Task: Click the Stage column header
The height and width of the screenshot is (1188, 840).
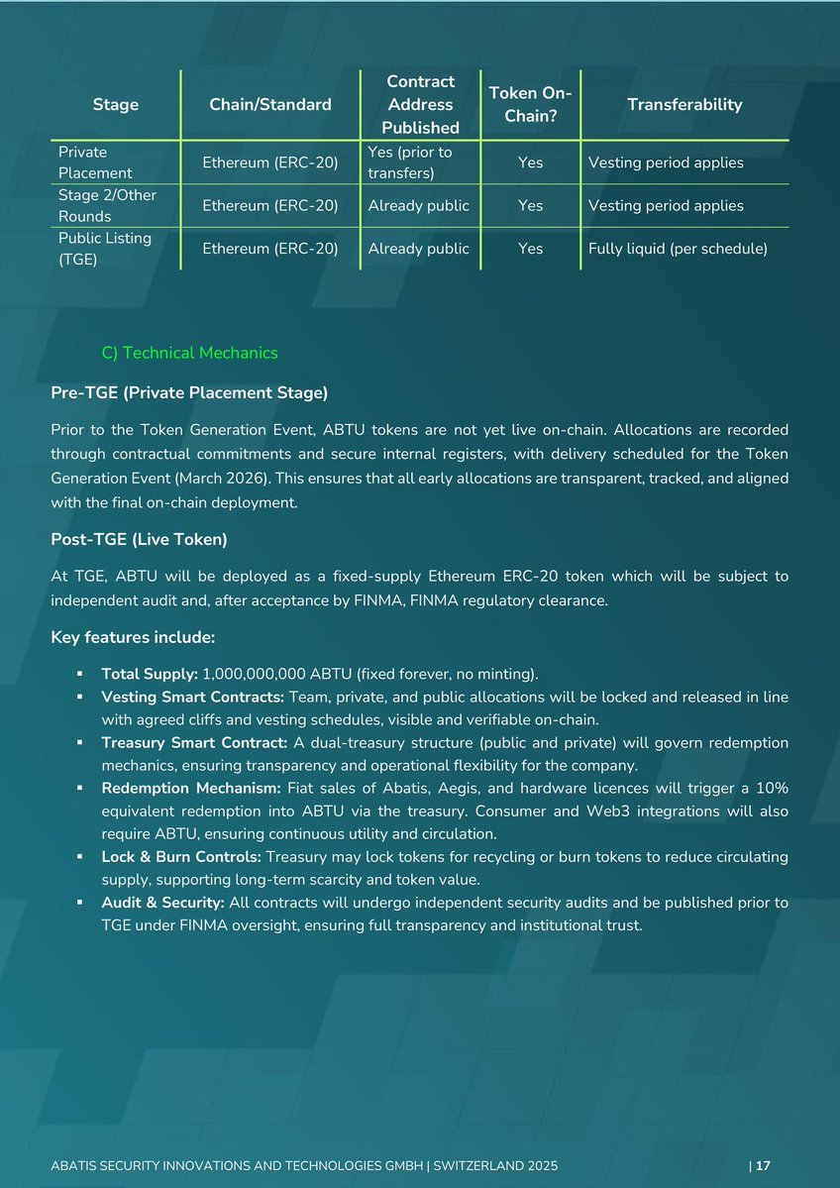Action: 115,104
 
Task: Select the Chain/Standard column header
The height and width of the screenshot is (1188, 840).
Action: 270,104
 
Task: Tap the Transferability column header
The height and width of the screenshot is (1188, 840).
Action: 684,104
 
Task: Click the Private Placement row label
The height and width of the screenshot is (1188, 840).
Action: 83,162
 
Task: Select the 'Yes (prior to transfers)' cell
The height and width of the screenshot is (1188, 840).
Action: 409,162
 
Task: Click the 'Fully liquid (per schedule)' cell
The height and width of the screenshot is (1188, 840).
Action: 678,249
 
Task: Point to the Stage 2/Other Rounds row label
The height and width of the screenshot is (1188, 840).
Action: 107,205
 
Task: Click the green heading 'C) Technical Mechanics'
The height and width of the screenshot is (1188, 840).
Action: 190,353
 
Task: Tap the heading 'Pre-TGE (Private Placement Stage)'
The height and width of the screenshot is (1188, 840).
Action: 189,393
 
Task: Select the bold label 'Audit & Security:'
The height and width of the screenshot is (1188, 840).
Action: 163,903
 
